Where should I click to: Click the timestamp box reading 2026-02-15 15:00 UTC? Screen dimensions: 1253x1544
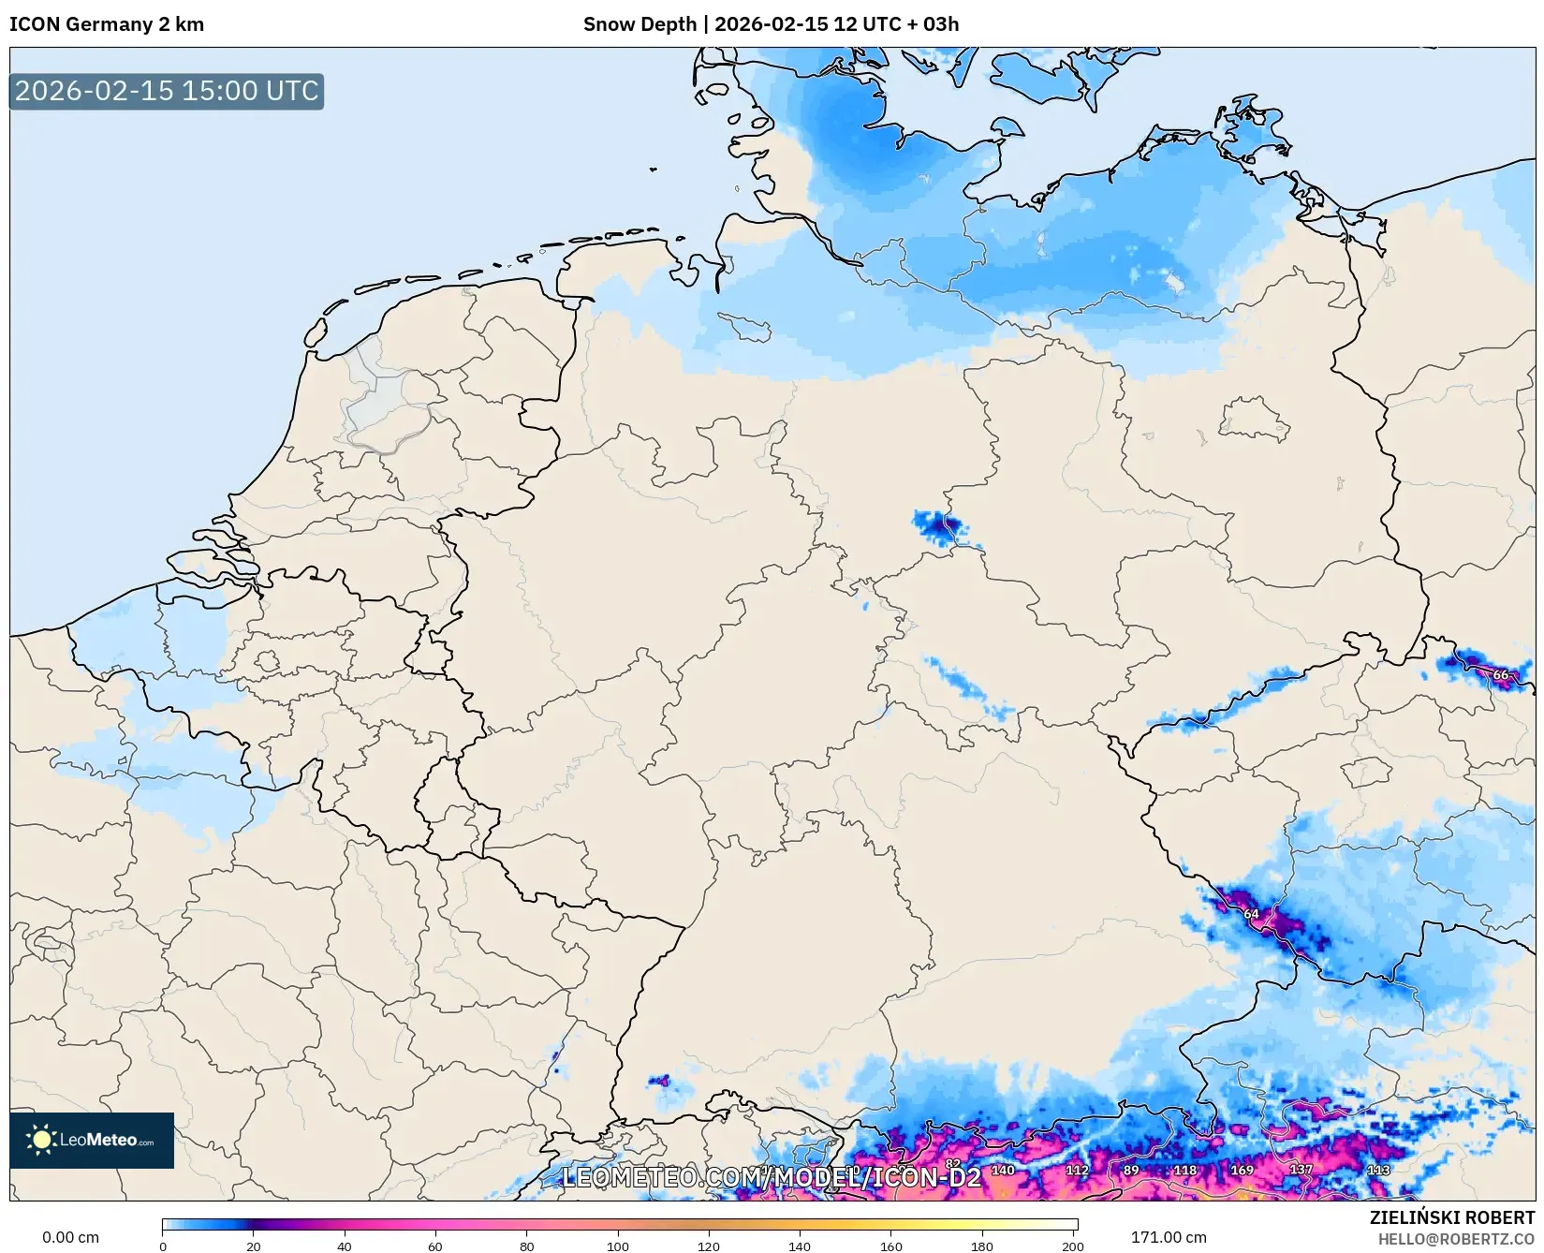coord(167,91)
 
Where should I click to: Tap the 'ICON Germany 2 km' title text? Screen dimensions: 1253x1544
coord(107,24)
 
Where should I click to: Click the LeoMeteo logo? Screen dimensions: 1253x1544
coord(92,1140)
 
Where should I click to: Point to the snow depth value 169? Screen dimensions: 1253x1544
coord(1242,1170)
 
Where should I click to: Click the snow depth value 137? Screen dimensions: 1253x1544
coord(1301,1170)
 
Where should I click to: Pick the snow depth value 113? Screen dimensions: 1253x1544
coord(1378,1170)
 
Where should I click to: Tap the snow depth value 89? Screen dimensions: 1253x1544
coord(1131,1170)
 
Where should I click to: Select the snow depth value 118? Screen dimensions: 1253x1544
coord(1184,1170)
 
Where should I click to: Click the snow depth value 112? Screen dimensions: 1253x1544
coord(1077,1170)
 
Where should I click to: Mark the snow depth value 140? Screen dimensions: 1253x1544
coord(1003,1170)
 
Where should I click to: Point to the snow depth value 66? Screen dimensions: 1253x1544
coord(1500,674)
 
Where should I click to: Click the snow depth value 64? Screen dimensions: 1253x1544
coord(1251,913)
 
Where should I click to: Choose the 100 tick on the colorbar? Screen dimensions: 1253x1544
coord(618,1246)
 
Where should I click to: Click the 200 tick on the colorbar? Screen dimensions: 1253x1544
coord(1073,1246)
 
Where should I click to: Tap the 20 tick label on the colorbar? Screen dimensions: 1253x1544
coord(254,1246)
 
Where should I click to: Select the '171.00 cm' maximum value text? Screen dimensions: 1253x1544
coord(1169,1237)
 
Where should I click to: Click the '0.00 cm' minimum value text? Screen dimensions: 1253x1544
coord(70,1237)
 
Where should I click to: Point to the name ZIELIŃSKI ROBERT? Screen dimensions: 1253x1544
coord(1451,1217)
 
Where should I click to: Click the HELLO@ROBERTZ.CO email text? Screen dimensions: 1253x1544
coord(1455,1239)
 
